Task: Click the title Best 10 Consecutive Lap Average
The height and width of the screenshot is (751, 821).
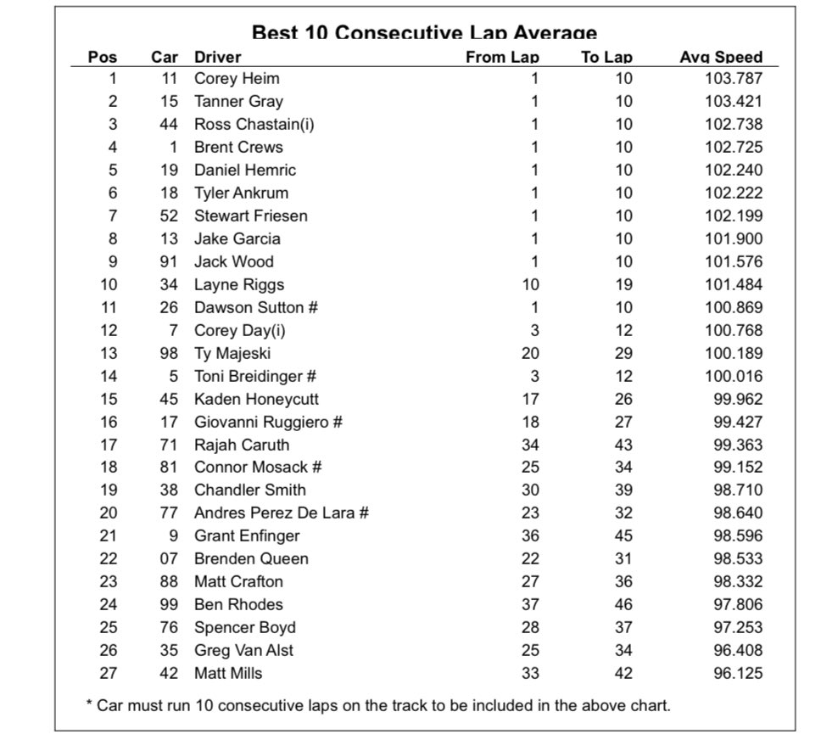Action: pos(424,33)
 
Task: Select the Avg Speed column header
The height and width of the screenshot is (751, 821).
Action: pos(721,58)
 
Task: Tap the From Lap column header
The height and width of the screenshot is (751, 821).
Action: pos(502,58)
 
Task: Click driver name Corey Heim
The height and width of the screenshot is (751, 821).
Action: pos(237,79)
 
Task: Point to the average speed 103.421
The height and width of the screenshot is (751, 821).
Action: pos(734,102)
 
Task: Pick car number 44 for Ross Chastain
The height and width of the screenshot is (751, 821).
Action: pos(169,124)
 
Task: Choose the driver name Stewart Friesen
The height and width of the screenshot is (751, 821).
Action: pos(250,216)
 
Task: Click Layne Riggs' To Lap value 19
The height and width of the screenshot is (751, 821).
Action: pos(623,284)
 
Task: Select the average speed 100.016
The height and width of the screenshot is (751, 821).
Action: pos(734,376)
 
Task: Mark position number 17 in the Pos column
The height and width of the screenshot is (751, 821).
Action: pos(109,445)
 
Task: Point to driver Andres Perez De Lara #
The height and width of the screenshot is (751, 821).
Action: pos(281,513)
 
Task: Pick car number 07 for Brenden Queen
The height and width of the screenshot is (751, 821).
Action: pos(169,558)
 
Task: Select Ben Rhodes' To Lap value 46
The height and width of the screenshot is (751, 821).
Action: pos(623,604)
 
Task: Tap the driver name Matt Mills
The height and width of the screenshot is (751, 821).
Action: pos(228,673)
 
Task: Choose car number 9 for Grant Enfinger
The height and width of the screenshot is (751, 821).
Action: pos(173,535)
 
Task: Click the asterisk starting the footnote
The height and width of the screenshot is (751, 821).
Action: pos(89,704)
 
